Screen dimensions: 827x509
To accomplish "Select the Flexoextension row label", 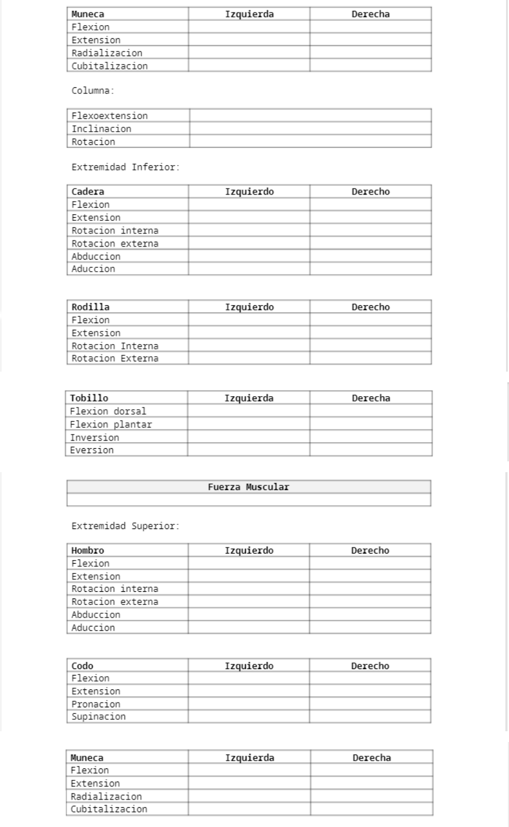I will click(109, 115).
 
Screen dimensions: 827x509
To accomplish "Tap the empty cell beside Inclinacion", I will click(310, 129).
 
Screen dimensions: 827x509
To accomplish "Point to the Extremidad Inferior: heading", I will click(125, 167).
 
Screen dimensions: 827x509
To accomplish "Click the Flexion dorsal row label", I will click(108, 411).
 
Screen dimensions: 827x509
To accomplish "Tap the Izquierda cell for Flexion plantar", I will click(248, 424).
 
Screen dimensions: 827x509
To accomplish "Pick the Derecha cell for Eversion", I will click(371, 450).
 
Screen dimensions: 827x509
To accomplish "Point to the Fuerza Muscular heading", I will click(248, 487).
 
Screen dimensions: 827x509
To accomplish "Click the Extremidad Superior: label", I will click(125, 527).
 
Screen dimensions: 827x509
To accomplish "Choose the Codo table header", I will click(83, 666).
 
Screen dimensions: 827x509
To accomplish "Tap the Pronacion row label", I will click(96, 704).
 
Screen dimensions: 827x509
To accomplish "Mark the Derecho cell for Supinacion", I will click(370, 716).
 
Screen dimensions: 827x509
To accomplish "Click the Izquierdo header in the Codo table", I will click(249, 666).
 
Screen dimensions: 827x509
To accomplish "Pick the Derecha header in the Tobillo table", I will click(371, 398).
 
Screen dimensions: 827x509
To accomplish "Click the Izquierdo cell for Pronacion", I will click(249, 704).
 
